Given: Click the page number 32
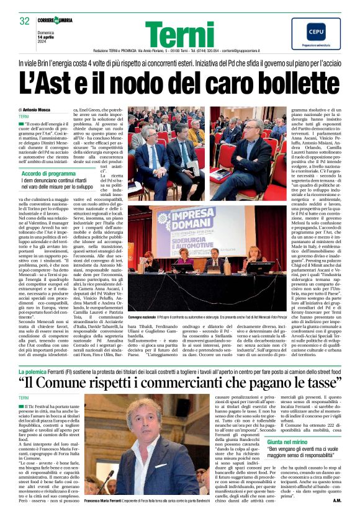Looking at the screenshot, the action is (25, 21).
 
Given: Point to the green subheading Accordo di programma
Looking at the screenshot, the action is (49, 174).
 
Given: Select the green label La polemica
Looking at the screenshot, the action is (36, 370).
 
